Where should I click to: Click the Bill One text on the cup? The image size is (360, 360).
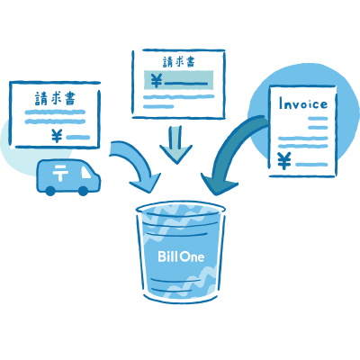[181, 256]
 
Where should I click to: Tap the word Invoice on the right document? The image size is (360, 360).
[303, 103]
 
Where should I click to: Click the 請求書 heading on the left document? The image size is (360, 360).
[55, 98]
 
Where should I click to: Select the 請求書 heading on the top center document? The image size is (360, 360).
[179, 62]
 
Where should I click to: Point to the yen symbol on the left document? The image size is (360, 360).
[57, 136]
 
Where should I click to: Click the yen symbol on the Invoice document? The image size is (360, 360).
[283, 161]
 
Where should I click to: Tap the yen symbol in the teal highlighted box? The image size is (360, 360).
[156, 81]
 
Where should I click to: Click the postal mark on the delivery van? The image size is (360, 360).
[60, 173]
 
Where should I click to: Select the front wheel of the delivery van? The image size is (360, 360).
[83, 191]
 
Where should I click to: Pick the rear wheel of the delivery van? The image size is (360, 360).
[50, 191]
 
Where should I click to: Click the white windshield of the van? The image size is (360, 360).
[85, 172]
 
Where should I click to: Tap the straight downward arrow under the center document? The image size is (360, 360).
[175, 145]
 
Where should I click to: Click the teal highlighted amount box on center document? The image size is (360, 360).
[179, 80]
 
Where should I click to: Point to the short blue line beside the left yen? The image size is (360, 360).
[78, 138]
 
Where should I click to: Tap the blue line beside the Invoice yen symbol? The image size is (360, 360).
[311, 165]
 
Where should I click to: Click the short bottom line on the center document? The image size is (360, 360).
[158, 106]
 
